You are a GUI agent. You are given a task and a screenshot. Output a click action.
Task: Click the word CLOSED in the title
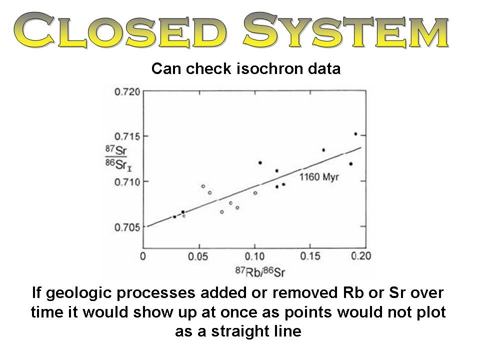pyautogui.click(x=120, y=30)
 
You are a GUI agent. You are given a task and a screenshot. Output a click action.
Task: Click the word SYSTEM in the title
pyautogui.click(x=346, y=30)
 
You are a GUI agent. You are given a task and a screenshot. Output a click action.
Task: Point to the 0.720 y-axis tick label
pyautogui.click(x=127, y=91)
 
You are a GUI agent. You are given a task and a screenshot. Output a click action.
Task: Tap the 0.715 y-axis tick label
pyautogui.click(x=127, y=136)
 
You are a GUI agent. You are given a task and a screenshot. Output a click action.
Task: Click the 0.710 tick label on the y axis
pyautogui.click(x=127, y=182)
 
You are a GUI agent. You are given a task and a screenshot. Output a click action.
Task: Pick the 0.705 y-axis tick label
pyautogui.click(x=127, y=227)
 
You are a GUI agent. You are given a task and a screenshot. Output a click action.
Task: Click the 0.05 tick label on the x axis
pyautogui.click(x=198, y=256)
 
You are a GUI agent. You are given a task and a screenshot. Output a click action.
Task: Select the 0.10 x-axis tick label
pyautogui.click(x=254, y=256)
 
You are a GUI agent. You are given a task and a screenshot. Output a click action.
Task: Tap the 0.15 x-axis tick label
pyautogui.click(x=310, y=256)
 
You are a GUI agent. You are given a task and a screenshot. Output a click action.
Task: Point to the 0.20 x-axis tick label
pyautogui.click(x=361, y=256)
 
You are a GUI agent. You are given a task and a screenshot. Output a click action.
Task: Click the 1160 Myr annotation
pyautogui.click(x=319, y=177)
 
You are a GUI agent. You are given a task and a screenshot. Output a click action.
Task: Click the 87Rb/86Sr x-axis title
pyautogui.click(x=260, y=271)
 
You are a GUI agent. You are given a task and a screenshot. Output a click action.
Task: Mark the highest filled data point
pyautogui.click(x=355, y=134)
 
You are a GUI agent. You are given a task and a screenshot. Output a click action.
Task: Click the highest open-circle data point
pyautogui.click(x=203, y=186)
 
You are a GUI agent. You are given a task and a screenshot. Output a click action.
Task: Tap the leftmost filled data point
pyautogui.click(x=174, y=216)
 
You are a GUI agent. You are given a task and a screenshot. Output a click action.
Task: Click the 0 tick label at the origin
pyautogui.click(x=142, y=256)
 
